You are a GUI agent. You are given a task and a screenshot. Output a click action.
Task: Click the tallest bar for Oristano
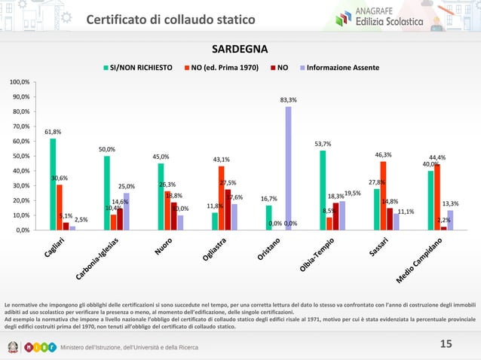click(288, 168)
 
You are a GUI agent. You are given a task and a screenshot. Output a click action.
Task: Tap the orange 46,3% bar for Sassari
click(383, 196)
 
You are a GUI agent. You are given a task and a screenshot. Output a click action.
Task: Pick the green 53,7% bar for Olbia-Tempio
click(323, 190)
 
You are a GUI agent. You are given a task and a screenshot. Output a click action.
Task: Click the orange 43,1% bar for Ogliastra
click(222, 198)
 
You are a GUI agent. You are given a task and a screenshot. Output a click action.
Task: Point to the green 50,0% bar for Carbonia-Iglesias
click(107, 193)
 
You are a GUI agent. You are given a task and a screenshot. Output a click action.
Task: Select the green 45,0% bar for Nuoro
click(161, 197)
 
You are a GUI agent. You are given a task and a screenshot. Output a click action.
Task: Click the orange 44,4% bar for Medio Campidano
click(437, 197)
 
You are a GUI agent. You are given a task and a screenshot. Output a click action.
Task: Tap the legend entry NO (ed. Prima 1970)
click(225, 67)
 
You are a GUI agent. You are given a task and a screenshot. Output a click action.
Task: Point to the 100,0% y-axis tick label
click(20, 81)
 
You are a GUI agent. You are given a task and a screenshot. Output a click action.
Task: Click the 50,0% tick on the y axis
click(20, 156)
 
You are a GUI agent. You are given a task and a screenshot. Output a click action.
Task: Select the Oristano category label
click(269, 250)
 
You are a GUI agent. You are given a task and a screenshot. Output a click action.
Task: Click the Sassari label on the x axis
click(378, 246)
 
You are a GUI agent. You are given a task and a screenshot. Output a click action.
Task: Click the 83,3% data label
click(287, 99)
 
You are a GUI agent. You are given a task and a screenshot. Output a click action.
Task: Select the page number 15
click(446, 343)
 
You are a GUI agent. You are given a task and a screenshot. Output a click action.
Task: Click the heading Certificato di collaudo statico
click(170, 19)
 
